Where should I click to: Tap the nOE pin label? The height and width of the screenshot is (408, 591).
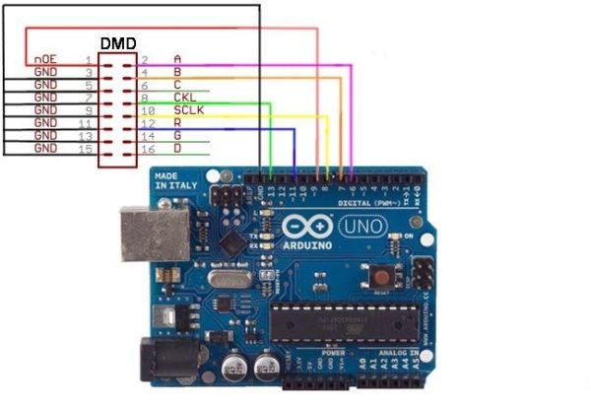point(45,60)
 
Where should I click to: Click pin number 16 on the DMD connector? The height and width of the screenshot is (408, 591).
point(149,148)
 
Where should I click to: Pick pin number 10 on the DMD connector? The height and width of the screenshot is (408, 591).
point(149,110)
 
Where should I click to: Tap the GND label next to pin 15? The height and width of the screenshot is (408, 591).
point(45,148)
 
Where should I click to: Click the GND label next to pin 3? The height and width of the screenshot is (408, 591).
point(45,73)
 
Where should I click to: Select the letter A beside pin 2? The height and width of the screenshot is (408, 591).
point(177,60)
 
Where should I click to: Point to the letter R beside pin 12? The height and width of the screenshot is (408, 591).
point(177,123)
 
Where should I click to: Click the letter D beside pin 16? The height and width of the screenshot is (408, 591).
point(177,148)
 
